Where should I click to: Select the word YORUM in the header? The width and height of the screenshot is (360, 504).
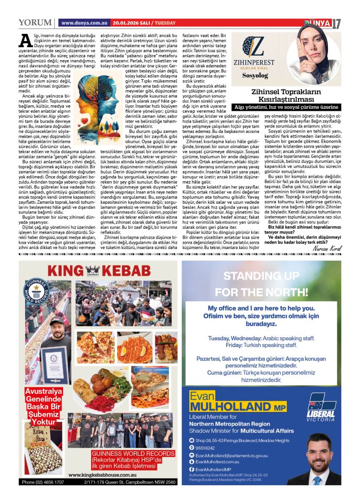(x=34, y=23)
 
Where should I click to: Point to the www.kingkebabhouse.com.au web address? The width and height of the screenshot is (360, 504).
(x=102, y=474)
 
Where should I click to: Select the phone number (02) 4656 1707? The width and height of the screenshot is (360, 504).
(x=43, y=482)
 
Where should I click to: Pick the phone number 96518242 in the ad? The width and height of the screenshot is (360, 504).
(x=206, y=448)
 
